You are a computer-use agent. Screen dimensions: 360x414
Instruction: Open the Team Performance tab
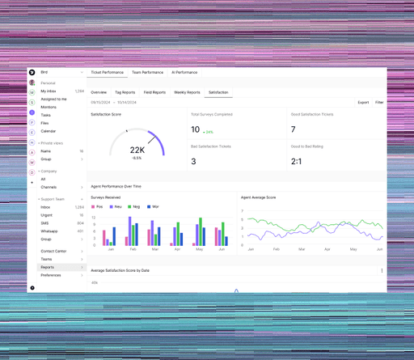pos(147,73)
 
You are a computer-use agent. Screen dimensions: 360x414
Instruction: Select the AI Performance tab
pos(184,73)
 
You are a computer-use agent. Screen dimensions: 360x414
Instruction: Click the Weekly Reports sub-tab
pos(187,92)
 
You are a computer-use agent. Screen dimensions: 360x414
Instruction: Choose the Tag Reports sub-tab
pos(125,92)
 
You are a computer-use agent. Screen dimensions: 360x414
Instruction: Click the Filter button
pos(379,103)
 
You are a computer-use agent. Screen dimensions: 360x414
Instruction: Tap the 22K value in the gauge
pos(137,150)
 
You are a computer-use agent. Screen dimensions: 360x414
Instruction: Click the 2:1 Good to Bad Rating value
pos(297,161)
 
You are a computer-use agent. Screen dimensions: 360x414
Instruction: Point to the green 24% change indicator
pos(209,131)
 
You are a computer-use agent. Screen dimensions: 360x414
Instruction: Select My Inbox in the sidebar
pos(49,91)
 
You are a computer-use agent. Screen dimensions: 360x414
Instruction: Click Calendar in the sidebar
pos(49,131)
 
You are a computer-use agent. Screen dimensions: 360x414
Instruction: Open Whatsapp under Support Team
pos(49,231)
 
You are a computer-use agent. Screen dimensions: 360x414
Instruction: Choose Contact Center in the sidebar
pos(53,251)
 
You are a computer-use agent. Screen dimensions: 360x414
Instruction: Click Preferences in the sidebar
pos(51,275)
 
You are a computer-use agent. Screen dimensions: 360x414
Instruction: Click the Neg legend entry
pos(136,207)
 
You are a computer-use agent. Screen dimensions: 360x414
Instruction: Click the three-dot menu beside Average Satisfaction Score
pos(382,271)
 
